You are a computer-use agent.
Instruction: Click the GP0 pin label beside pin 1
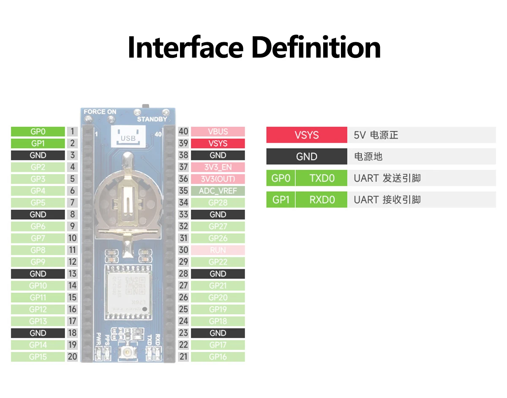(38, 132)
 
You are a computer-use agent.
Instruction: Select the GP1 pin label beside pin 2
(38, 144)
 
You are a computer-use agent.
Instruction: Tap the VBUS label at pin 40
(218, 132)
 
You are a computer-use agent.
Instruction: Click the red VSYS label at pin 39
(218, 144)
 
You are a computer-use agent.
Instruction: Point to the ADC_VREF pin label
(218, 191)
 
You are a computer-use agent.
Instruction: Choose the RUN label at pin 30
(218, 250)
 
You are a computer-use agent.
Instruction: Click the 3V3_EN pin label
(218, 167)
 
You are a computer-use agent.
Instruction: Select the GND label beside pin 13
(38, 274)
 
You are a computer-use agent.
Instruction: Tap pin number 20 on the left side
(72, 357)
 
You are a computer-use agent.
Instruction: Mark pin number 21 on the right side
(183, 357)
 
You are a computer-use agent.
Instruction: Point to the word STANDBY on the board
(152, 119)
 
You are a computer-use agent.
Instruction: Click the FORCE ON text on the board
(100, 112)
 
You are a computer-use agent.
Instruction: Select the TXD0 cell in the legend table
(322, 178)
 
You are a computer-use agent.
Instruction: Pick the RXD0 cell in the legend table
(322, 199)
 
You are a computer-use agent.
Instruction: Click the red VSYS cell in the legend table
(307, 135)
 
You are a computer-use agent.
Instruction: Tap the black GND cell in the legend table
(307, 157)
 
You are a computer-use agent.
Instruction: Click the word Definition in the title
(316, 47)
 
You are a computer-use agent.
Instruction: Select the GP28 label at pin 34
(218, 203)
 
